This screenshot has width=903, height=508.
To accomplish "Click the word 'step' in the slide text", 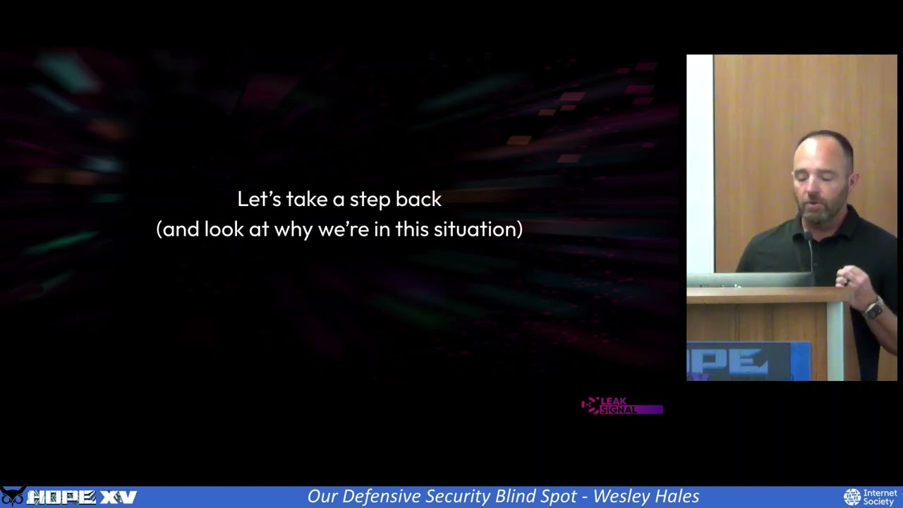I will [x=370, y=200].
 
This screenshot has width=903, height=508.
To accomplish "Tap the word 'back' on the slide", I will [x=418, y=199].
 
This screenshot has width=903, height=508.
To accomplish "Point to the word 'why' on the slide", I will [x=293, y=230].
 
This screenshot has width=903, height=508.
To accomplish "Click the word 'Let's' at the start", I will [x=259, y=199].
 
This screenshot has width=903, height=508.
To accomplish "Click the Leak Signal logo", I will [x=621, y=406].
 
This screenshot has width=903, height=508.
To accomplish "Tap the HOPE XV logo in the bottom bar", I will [x=81, y=497].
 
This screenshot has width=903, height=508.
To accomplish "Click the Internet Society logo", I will [x=871, y=497].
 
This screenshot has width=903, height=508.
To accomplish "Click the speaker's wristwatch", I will [x=873, y=308].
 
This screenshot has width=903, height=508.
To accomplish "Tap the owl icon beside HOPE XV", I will [x=13, y=497].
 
